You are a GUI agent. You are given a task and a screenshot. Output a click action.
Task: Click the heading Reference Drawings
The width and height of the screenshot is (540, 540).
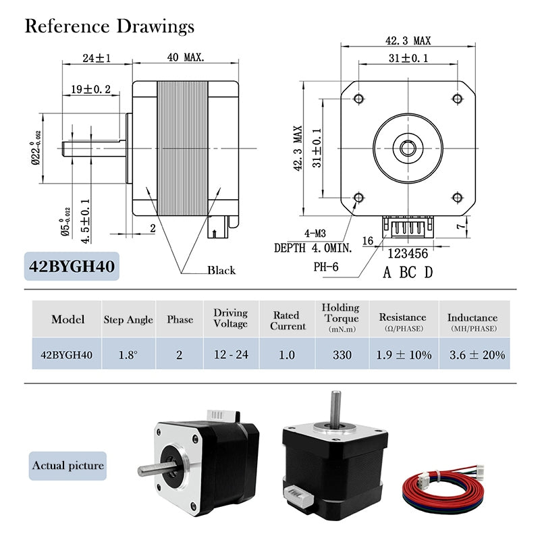point(109,26)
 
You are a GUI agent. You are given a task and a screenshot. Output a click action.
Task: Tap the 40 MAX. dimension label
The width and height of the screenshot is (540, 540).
point(185,59)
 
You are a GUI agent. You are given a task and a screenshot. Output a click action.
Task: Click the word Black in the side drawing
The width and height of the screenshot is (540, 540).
point(221,270)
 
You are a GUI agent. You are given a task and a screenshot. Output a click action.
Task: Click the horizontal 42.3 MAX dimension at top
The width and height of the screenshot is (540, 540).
point(408,41)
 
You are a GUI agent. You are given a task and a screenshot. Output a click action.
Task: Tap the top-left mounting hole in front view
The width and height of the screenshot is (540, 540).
point(358,99)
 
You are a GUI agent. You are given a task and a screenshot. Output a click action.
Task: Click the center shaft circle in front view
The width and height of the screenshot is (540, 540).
point(407,148)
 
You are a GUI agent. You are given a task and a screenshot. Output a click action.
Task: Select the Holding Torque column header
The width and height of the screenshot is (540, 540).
point(340,317)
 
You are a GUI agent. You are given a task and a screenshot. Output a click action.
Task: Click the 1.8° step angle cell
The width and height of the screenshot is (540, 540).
point(128,354)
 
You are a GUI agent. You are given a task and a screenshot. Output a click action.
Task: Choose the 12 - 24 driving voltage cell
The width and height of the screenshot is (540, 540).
point(231,354)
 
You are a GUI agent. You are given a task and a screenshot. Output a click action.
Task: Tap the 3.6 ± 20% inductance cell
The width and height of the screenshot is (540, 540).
point(477,354)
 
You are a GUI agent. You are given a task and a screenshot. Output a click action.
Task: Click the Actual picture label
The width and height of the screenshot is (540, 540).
point(68,466)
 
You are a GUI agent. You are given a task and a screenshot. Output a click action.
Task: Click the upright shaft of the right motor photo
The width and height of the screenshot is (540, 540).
point(333,409)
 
